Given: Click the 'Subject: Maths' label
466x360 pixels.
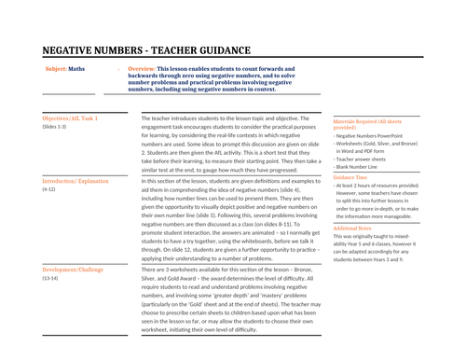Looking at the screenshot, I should [64, 69].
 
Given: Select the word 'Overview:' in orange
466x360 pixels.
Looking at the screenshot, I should [142, 69].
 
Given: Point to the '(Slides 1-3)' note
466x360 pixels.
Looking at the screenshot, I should [54, 128].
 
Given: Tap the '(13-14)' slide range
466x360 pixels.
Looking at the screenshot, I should [51, 278].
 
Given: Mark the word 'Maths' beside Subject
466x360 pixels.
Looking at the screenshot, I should [76, 69].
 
